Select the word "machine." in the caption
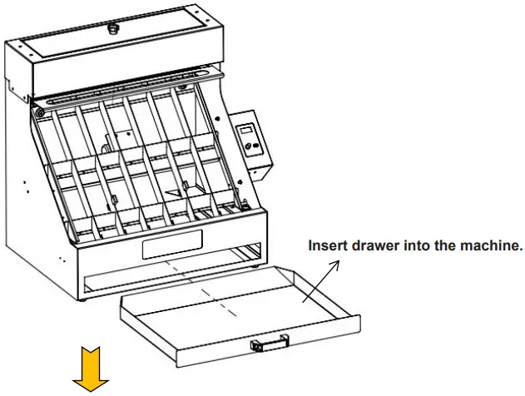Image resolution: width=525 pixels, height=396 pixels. [492, 245]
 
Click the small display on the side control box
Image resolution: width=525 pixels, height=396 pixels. [247, 132]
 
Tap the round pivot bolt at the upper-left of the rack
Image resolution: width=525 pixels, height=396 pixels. [39, 112]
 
